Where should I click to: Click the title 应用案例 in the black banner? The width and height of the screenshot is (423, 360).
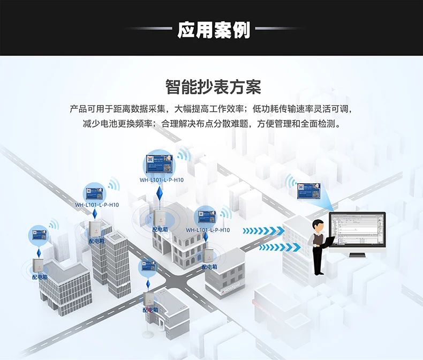(x=214, y=30)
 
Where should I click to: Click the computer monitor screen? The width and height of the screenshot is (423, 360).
(x=357, y=230)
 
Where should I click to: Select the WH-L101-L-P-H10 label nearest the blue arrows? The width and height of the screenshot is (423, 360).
(x=208, y=230)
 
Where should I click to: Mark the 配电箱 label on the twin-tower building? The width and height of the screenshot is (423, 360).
(x=97, y=241)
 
